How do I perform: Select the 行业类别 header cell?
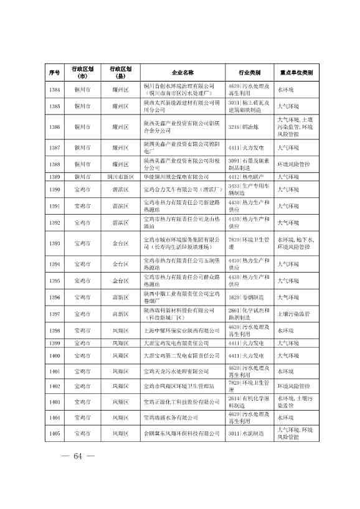249,72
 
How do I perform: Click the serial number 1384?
54,90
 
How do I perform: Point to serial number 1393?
54,243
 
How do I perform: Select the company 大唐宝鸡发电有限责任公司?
176,343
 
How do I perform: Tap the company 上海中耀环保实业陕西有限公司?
177,330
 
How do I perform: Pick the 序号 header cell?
54,72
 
